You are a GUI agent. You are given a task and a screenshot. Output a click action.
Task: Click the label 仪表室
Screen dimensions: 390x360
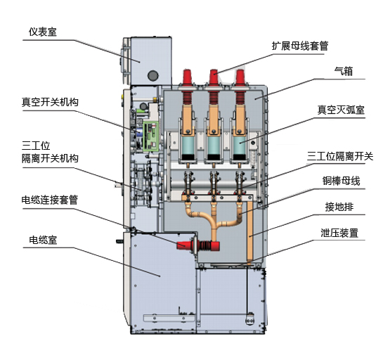pyautogui.click(x=43, y=32)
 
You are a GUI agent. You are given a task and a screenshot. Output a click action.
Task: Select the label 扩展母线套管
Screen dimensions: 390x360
pyautogui.click(x=300, y=46)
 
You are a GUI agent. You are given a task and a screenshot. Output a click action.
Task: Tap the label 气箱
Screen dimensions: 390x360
pyautogui.click(x=344, y=71)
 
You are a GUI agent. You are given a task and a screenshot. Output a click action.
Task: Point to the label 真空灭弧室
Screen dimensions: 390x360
pyautogui.click(x=341, y=110)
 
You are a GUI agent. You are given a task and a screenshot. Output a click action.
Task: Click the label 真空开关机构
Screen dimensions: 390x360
pyautogui.click(x=50, y=102)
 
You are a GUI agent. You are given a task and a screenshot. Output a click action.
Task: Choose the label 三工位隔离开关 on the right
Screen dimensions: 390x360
pyautogui.click(x=340, y=157)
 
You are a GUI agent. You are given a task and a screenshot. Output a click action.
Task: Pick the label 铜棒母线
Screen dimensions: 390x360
pyautogui.click(x=341, y=181)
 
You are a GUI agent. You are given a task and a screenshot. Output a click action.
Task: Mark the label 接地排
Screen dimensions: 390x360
pyautogui.click(x=339, y=207)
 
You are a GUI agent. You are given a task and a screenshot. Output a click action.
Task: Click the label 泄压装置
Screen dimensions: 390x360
pyautogui.click(x=339, y=233)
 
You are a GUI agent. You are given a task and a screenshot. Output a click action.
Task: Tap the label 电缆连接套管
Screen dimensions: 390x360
pyautogui.click(x=50, y=200)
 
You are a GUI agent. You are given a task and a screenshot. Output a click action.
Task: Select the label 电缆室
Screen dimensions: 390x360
pyautogui.click(x=43, y=240)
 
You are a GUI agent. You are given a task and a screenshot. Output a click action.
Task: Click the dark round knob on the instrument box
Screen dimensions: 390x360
pyautogui.click(x=153, y=75)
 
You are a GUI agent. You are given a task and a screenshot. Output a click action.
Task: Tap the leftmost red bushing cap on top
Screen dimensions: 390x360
pyautogui.click(x=188, y=77)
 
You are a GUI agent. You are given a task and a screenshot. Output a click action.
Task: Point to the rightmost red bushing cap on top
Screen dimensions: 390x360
pyautogui.click(x=240, y=77)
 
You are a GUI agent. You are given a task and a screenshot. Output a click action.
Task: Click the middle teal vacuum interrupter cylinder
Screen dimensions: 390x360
pyautogui.click(x=214, y=146)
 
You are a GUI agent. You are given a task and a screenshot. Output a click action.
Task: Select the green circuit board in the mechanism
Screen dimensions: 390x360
pyautogui.click(x=151, y=136)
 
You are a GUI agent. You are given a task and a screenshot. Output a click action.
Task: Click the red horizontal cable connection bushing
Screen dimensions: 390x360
pyautogui.click(x=198, y=245)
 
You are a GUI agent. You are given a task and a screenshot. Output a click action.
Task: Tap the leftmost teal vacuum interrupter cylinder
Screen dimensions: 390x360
pyautogui.click(x=188, y=146)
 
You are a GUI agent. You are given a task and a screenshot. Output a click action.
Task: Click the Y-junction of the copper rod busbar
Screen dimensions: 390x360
pyautogui.click(x=214, y=225)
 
